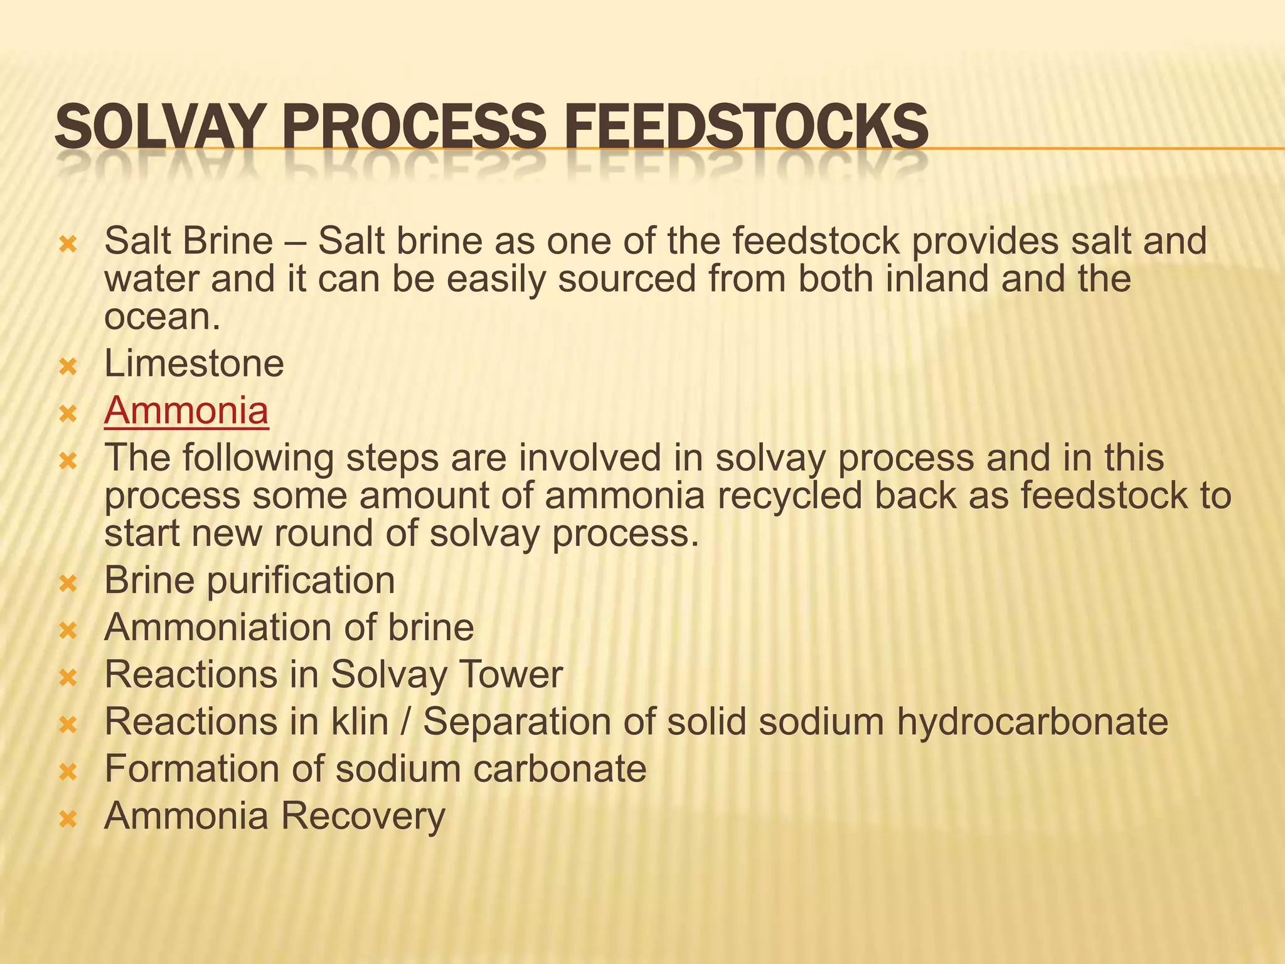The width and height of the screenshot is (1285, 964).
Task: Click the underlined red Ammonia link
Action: coord(186,410)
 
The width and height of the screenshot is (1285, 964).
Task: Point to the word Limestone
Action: coord(194,363)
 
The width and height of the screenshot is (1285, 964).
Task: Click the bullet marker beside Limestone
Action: coord(67,366)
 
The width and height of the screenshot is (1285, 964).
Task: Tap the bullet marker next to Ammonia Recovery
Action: coord(67,818)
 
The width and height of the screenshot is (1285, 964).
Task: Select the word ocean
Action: coord(162,317)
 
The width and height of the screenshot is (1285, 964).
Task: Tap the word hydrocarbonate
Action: coord(1032,722)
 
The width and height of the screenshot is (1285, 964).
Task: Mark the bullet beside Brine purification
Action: coord(67,583)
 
